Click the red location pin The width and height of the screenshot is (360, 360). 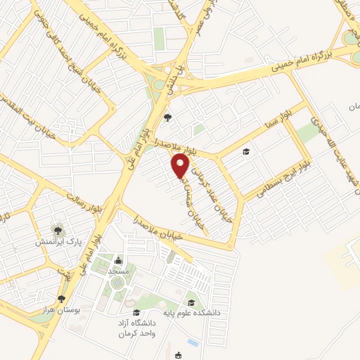tap(181, 165)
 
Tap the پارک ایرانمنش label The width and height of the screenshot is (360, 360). tap(59, 242)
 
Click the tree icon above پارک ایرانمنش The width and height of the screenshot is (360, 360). tap(56, 230)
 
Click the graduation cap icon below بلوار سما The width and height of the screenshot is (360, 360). tap(246, 151)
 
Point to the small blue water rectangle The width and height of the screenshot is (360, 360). tap(193, 343)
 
